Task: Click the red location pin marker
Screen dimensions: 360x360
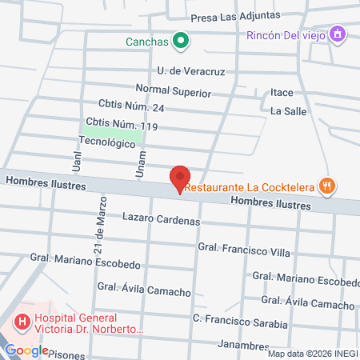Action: tap(180, 178)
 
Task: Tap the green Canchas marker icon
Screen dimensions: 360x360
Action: tap(181, 40)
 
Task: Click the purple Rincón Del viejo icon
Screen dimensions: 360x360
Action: tap(338, 34)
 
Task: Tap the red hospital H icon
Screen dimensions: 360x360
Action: tap(22, 322)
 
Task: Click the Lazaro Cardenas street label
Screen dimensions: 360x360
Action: tap(161, 218)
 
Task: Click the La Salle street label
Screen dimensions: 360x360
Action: tap(288, 110)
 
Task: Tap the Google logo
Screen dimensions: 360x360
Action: tap(27, 350)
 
